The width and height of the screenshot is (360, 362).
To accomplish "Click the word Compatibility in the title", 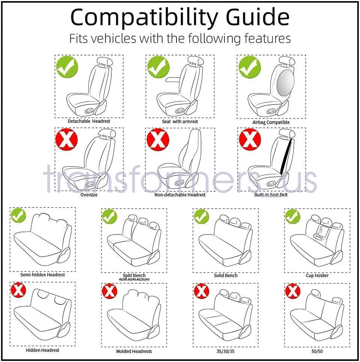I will point(144,18).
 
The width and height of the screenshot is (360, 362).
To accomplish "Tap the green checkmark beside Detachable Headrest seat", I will point(67,67).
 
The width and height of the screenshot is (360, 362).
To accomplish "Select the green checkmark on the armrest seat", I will point(158,67).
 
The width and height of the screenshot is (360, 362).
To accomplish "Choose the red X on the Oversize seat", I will point(67,140).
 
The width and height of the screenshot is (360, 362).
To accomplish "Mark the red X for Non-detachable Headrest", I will point(158,140).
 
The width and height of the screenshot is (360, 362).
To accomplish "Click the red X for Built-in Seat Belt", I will point(250,140).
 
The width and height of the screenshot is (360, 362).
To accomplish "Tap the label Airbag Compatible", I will point(271,123).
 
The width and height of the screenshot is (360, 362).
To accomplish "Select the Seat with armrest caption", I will point(180,122).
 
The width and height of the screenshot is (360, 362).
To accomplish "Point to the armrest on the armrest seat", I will point(173,80).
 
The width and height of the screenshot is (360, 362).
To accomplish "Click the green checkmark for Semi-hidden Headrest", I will point(18,215).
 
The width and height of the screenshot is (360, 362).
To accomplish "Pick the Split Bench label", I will point(134,276).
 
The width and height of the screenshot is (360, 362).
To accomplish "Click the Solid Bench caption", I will point(226,276).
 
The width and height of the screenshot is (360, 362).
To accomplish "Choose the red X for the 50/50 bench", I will point(293,290).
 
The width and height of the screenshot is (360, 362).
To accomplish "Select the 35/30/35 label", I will point(225,351).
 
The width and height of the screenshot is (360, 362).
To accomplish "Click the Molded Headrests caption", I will point(134,351).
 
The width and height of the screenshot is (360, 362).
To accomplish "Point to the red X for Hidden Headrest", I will point(18,290).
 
